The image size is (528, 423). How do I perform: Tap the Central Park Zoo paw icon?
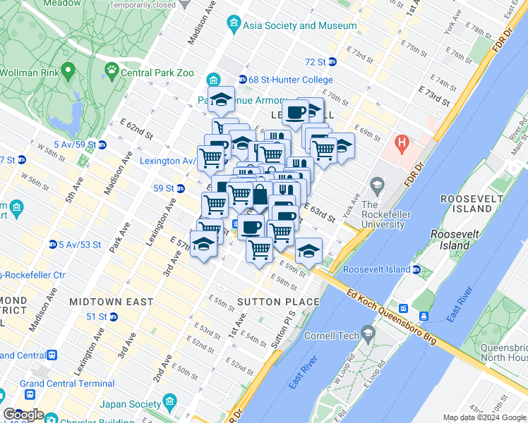coord(112,70)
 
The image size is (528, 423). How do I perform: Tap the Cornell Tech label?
coord(332,336)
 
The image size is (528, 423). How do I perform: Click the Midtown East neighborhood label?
coord(112,302)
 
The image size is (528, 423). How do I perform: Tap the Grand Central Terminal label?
coord(67,384)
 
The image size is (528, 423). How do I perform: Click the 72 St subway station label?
coord(315,61)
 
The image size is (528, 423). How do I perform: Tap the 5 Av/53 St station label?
coord(78,245)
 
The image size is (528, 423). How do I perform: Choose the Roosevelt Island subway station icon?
coord(416,269)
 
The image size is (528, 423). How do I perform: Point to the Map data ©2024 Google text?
coord(484,417)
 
